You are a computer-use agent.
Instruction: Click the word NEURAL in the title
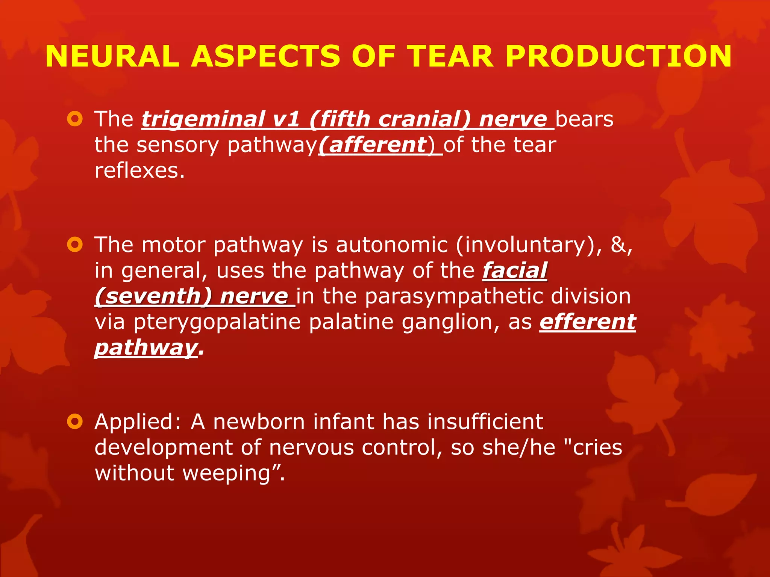coord(112,56)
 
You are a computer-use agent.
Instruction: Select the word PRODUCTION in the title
coord(618,56)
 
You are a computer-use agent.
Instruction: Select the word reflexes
coord(139,171)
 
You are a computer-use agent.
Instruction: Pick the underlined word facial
coord(515,270)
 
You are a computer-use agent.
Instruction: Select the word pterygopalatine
coord(217,322)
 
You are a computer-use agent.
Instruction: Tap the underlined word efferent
coord(588,322)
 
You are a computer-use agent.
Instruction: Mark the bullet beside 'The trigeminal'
coord(75,119)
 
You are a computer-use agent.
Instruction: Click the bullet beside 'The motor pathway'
coord(75,245)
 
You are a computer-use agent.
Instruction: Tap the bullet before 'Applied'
coord(75,422)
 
